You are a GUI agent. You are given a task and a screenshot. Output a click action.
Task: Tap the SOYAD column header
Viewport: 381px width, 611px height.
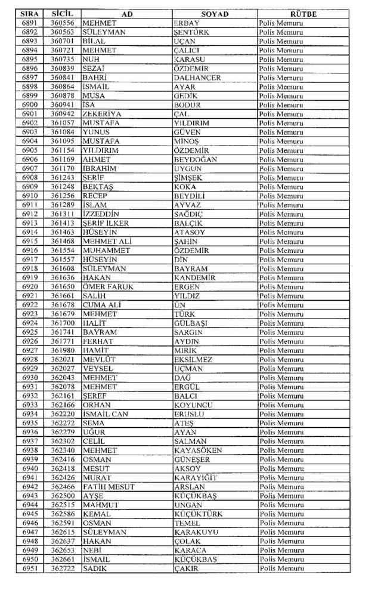pos(215,14)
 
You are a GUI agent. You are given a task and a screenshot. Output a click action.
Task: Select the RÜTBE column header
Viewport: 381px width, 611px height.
pos(303,14)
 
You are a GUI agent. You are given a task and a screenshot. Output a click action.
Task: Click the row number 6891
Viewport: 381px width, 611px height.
pos(30,23)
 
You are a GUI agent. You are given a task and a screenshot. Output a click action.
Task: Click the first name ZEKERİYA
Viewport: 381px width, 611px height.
pos(102,114)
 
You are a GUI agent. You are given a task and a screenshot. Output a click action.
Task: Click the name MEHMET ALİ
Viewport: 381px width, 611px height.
pos(105,241)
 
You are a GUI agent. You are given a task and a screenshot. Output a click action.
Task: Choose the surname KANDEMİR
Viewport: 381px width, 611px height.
pos(194,277)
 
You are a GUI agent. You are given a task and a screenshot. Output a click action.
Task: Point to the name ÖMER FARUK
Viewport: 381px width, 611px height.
pos(108,286)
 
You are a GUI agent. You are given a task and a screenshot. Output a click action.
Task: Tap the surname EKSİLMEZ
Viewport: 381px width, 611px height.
pos(193,359)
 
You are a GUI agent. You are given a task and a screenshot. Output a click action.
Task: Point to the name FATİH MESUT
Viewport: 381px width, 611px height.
pos(109,486)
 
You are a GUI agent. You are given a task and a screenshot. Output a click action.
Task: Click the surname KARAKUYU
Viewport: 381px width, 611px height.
pos(196,532)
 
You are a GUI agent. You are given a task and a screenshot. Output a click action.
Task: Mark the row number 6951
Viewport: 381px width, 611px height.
pos(30,568)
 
